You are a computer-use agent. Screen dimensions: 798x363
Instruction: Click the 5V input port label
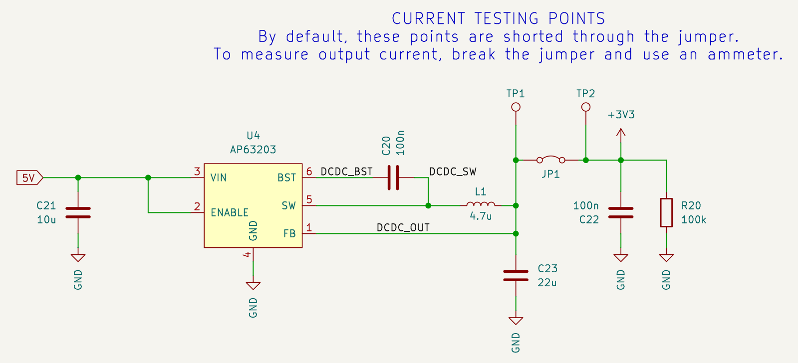(29, 178)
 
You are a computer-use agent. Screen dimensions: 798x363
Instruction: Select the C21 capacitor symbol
(78, 212)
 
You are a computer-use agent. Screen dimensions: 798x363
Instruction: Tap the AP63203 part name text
(253, 150)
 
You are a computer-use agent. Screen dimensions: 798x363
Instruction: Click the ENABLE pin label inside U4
(230, 212)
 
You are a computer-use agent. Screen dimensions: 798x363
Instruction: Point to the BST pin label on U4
(287, 178)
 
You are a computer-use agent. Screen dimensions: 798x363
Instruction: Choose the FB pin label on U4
(289, 233)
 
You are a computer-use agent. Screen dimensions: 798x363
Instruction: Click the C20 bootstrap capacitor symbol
(393, 178)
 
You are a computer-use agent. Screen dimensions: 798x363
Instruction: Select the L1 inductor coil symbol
(481, 204)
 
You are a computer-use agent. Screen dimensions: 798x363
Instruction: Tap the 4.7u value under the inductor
(481, 216)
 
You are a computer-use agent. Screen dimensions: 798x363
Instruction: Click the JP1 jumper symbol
(551, 159)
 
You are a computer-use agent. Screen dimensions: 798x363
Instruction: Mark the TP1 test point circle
(516, 107)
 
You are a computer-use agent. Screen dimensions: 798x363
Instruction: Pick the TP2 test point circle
(586, 107)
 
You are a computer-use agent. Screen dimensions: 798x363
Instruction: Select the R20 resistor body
(666, 212)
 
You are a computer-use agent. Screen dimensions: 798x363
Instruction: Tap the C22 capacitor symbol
(621, 212)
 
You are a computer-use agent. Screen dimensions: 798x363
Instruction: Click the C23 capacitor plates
(516, 275)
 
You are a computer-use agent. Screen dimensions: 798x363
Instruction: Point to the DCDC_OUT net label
(403, 228)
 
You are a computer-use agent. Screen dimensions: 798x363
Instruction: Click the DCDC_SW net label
(453, 172)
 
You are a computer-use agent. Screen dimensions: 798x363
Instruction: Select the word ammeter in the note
(745, 54)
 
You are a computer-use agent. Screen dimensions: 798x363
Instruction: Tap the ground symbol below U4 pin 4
(253, 286)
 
